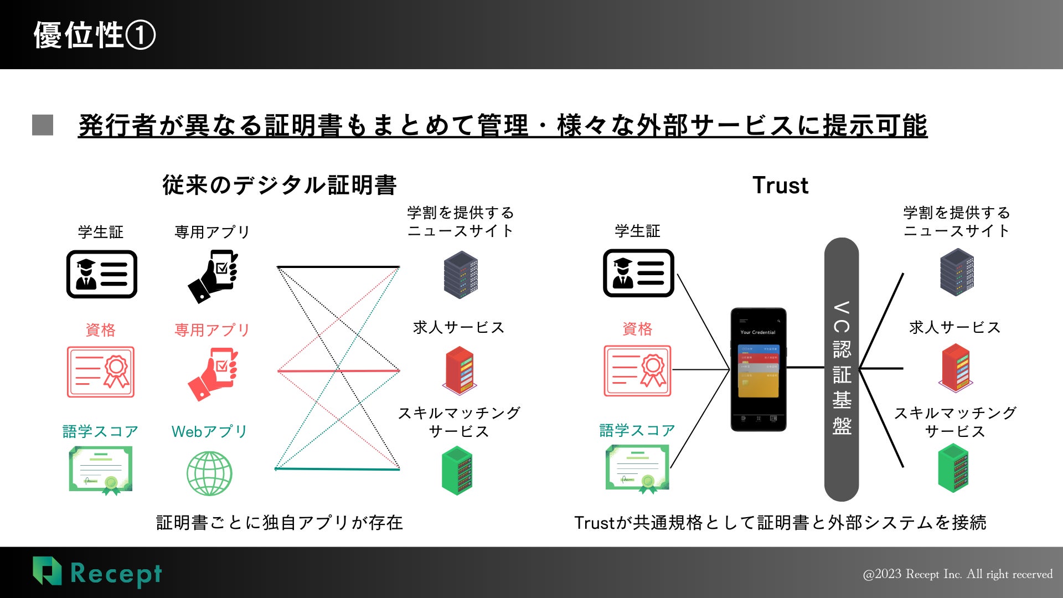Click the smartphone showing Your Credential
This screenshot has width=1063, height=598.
pos(758,369)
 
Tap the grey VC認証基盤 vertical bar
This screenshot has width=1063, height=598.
pos(842,369)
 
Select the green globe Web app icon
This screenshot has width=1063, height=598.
pos(209,473)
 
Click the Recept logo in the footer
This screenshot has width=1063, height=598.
pos(97,573)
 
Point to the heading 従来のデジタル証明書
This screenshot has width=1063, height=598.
pos(279,185)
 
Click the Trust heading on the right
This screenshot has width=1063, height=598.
pos(780,185)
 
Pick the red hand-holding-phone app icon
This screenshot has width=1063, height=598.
pos(213,373)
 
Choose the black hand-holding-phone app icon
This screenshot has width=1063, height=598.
pos(213,276)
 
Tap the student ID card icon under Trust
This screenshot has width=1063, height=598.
pos(638,273)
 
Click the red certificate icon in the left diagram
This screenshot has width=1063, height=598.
pos(101,372)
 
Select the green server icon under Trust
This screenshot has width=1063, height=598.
pos(953,471)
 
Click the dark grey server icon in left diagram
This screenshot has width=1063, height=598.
pos(461,275)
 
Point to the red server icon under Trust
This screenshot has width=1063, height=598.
pos(956,367)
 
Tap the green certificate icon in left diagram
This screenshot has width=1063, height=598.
pos(101,470)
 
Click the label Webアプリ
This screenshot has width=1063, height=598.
pos(209,431)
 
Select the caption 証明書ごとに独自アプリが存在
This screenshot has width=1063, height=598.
pos(280,522)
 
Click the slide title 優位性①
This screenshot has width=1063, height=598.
pos(95,35)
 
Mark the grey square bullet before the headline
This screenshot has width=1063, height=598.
pos(43,125)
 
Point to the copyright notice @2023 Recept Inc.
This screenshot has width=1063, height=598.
pos(957,574)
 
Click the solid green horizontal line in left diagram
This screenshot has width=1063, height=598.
pos(337,469)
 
